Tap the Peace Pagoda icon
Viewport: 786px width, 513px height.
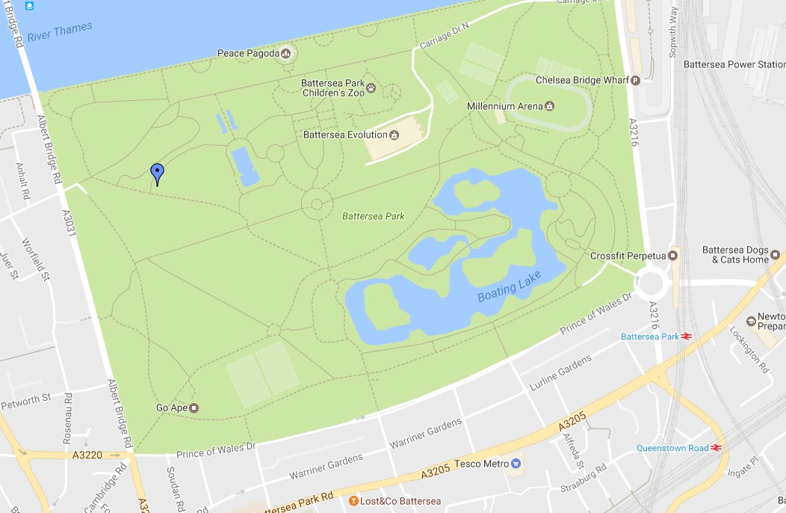(285, 53)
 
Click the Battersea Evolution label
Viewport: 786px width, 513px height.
(345, 135)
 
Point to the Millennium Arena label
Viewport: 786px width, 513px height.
(504, 106)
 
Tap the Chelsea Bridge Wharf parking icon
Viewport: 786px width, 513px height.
(636, 80)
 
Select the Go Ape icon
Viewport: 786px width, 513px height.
(194, 408)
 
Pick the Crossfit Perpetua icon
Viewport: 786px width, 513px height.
(672, 256)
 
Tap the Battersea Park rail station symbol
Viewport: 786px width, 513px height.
(686, 337)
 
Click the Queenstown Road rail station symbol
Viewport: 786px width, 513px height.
(716, 448)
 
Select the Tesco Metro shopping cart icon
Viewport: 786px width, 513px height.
(515, 464)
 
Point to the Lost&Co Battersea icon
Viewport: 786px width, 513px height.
(353, 500)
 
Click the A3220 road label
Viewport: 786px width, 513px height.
(88, 454)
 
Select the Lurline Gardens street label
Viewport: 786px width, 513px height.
(560, 372)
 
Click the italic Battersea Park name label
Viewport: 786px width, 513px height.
(373, 216)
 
